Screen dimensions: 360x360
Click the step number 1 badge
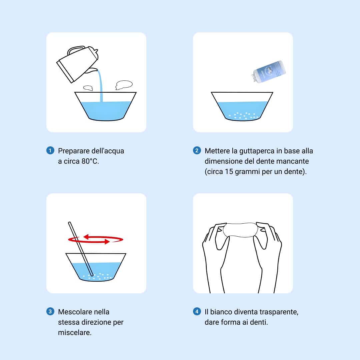tap(50, 151)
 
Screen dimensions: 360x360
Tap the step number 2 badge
tap(197, 151)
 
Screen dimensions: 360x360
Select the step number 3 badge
tap(50, 312)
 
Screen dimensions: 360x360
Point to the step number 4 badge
tap(197, 312)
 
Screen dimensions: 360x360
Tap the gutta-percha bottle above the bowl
tap(268, 71)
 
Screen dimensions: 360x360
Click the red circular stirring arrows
tap(96, 239)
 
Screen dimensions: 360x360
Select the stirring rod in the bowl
tap(81, 249)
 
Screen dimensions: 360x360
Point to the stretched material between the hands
tap(240, 230)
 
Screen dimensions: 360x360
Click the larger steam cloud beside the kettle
tap(124, 84)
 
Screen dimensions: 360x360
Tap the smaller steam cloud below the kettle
tap(88, 88)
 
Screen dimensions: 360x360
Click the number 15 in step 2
tap(229, 172)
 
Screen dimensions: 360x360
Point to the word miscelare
tap(75, 332)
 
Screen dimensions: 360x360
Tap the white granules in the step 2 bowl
tap(244, 116)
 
